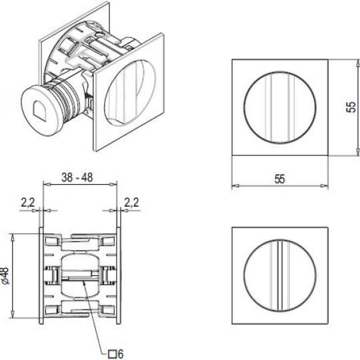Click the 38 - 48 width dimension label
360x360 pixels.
(x=77, y=177)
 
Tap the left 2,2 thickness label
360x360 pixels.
(x=28, y=203)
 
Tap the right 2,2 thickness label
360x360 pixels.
(x=132, y=203)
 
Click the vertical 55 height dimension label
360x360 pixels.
(x=351, y=107)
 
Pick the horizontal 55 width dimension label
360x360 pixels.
(x=279, y=179)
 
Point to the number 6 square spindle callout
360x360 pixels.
(x=121, y=354)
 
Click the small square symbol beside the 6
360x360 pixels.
(x=113, y=354)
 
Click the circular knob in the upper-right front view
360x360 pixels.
(x=280, y=108)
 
